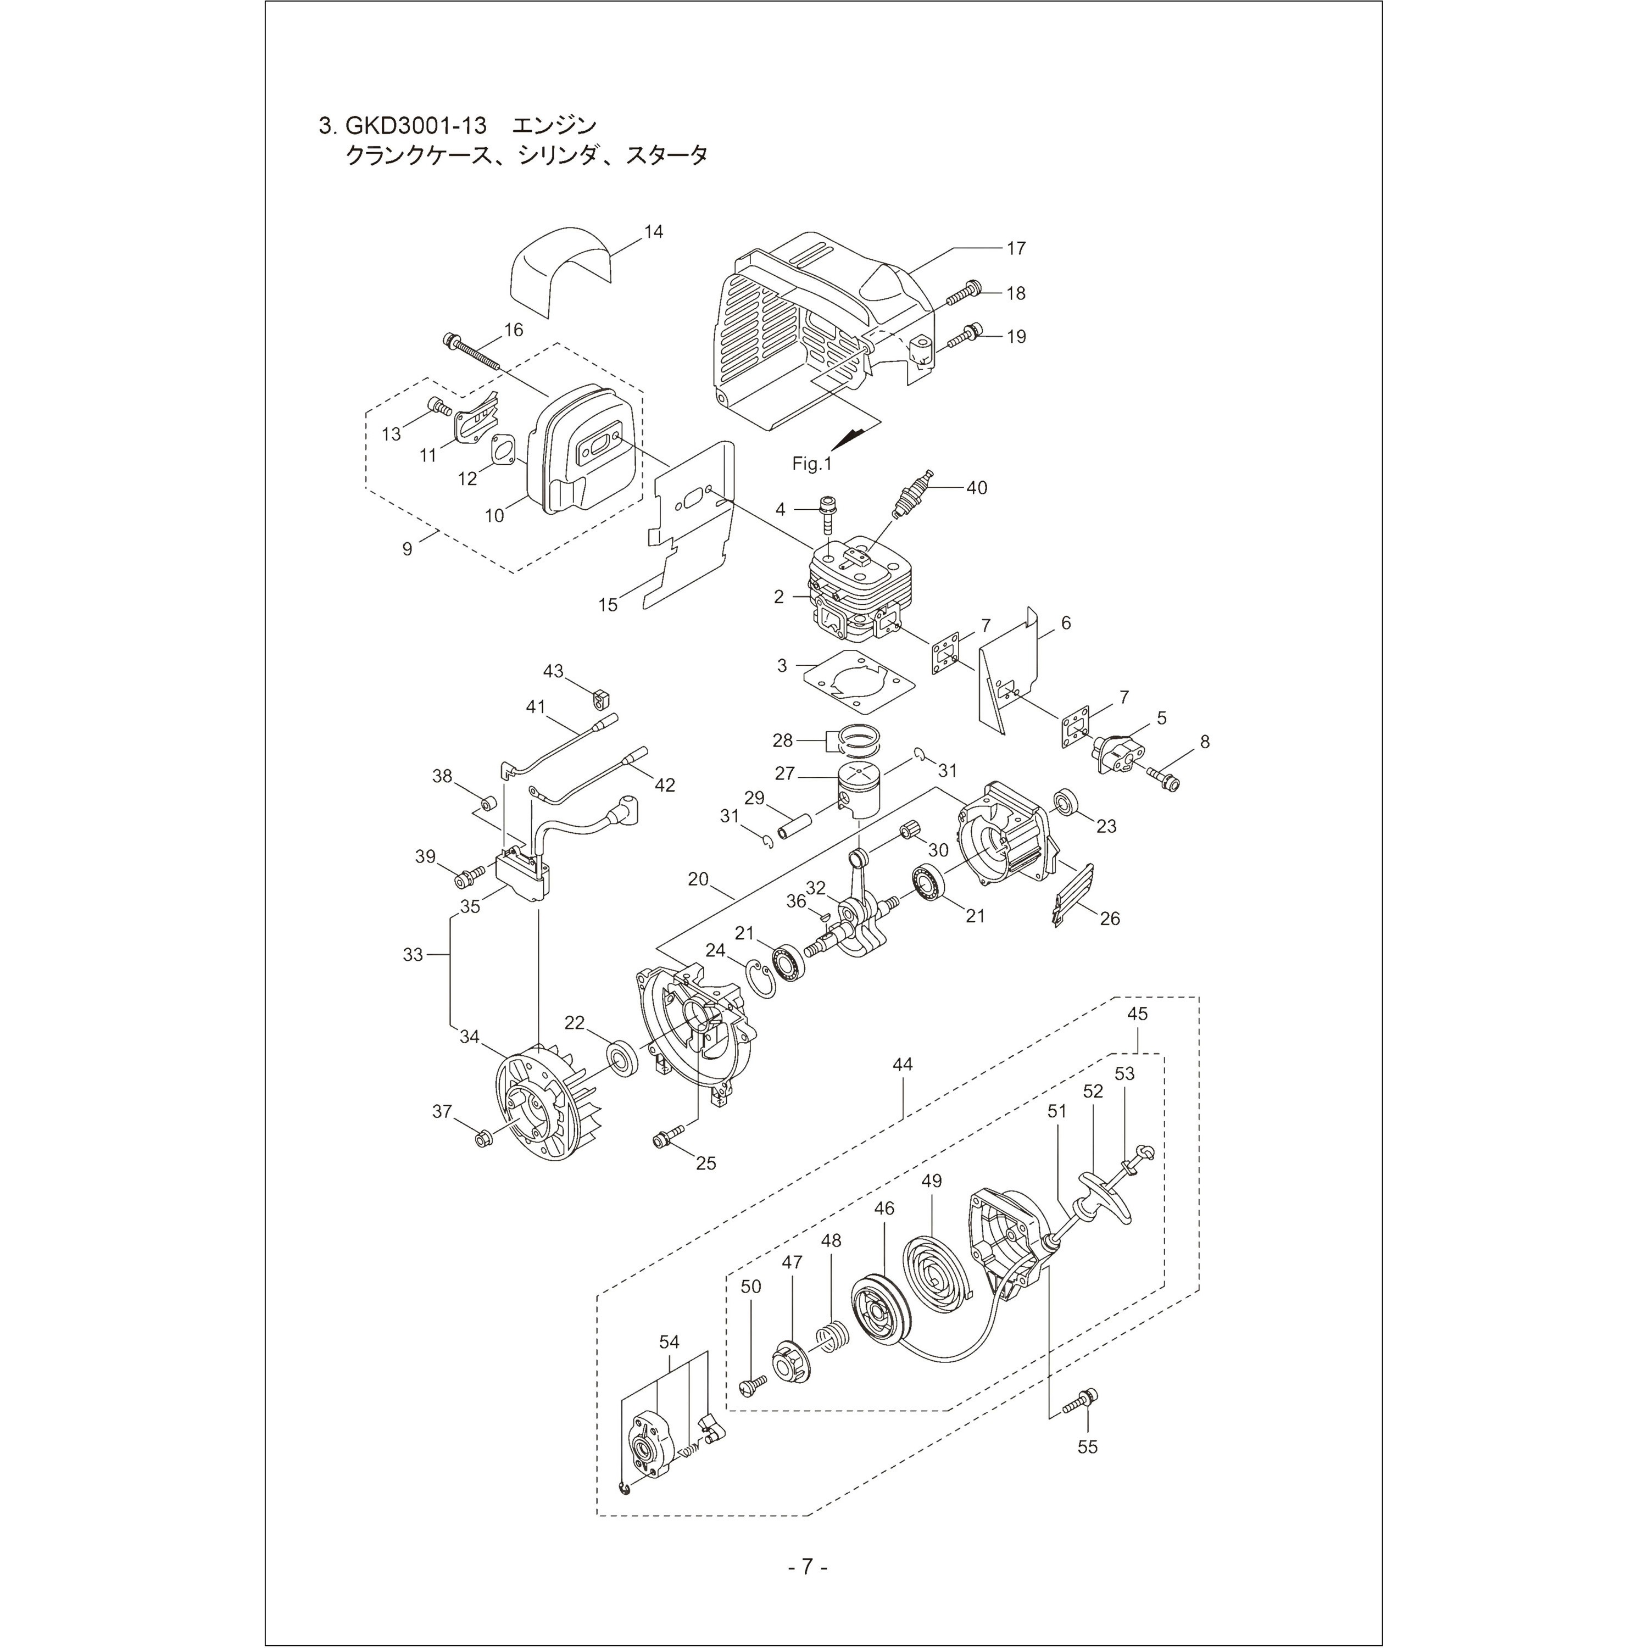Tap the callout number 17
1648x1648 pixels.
pyautogui.click(x=1015, y=248)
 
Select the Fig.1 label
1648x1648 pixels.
pyautogui.click(x=811, y=464)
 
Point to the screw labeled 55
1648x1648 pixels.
pyautogui.click(x=1082, y=1397)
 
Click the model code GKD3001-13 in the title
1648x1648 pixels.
pyautogui.click(x=416, y=126)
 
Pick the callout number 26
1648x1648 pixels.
pyautogui.click(x=1109, y=918)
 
